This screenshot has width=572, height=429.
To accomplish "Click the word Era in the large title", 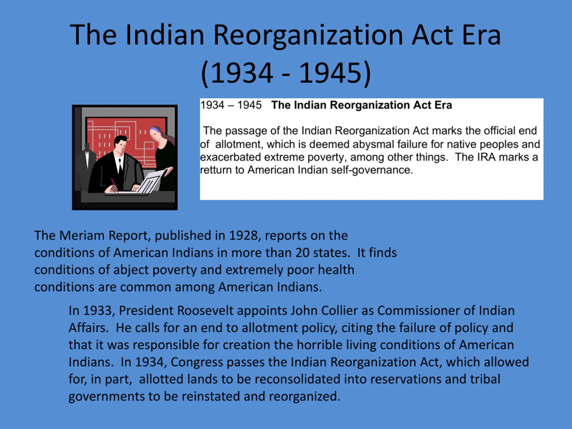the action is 481,35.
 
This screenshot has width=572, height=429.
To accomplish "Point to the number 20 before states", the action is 302,253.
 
